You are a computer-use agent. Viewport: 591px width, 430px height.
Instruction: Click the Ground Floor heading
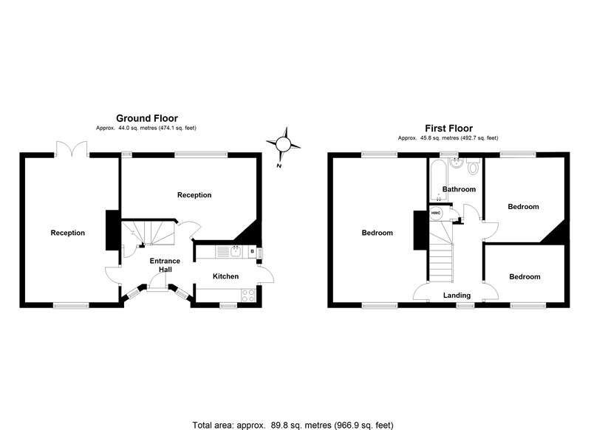[x=146, y=117]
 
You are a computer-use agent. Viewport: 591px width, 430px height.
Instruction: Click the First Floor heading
[x=448, y=128]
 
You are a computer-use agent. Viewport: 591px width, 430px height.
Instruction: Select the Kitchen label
[x=226, y=276]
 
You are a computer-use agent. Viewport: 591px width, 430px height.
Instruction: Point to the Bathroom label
[x=459, y=190]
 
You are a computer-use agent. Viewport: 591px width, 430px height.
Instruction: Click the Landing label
[x=457, y=296]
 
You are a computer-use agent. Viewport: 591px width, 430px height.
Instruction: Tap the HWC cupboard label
[x=436, y=214]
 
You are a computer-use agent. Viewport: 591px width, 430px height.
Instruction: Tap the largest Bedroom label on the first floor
[x=377, y=233]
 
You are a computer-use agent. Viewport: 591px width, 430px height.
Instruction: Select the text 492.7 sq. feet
[x=476, y=138]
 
